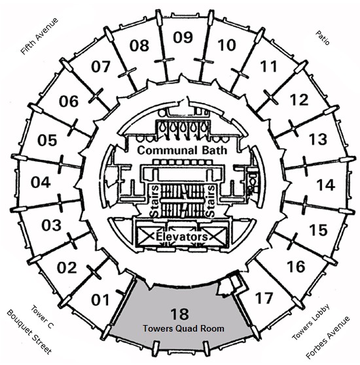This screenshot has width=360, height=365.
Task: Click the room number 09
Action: pos(183,37)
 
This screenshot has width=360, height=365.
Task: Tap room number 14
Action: pos(326,185)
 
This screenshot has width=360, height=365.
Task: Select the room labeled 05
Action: pos(47,140)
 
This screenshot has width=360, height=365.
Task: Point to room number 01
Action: pos(100,300)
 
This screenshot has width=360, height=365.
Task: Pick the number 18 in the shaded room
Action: pos(180,314)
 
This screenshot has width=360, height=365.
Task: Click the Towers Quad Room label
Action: pos(183,328)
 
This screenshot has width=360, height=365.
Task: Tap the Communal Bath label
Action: pos(182,150)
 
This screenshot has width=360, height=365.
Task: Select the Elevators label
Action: pos(181,237)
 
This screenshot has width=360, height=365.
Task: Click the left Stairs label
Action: pos(154,202)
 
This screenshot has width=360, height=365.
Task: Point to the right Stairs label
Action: pos(211,202)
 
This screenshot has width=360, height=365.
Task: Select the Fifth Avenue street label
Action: pos(39,36)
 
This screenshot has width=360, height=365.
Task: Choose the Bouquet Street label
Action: pos(29,332)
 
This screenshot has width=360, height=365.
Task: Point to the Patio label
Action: pos(323,38)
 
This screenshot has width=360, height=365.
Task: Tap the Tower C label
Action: pos(43,317)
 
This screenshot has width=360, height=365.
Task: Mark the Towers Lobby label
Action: pos(311,322)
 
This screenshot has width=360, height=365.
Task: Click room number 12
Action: pos(299,100)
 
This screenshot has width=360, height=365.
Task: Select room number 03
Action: pos(52,225)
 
